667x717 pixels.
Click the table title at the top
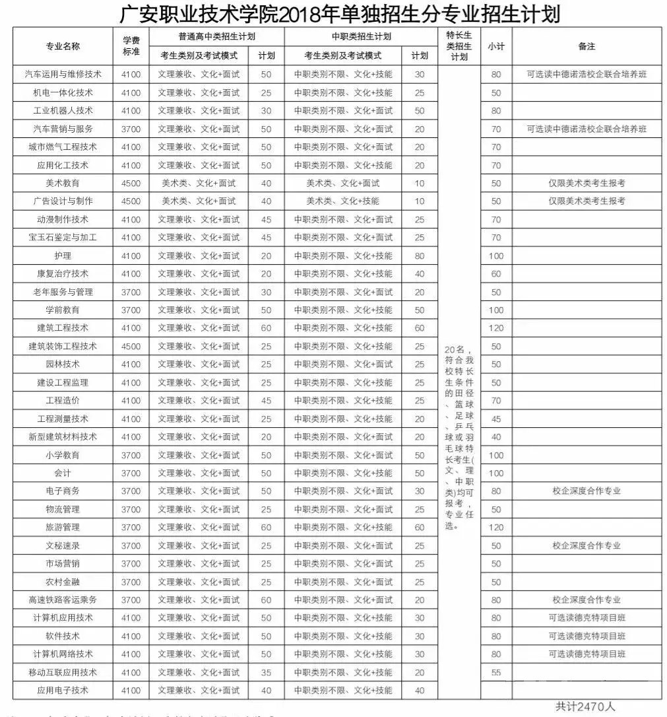pos(340,13)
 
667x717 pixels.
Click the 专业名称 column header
pos(63,46)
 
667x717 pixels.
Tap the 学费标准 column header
pos(131,46)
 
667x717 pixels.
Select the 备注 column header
pos(587,46)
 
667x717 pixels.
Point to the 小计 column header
pos(496,46)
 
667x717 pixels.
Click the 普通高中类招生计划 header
pos(216,37)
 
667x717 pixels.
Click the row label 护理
pos(63,256)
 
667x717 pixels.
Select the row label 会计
pos(63,473)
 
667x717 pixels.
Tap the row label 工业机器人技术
pos(63,110)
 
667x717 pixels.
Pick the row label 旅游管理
pos(63,528)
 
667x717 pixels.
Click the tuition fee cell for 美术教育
pos(131,183)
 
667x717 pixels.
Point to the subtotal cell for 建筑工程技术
pos(496,328)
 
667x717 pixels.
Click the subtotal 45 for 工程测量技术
pos(496,419)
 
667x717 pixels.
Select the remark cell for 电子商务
pos(587,491)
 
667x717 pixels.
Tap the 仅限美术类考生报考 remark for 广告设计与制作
pos(587,201)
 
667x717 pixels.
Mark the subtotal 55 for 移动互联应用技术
pos(496,672)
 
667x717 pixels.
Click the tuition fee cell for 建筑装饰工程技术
pos(131,346)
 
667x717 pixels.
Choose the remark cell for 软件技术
pos(587,636)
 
